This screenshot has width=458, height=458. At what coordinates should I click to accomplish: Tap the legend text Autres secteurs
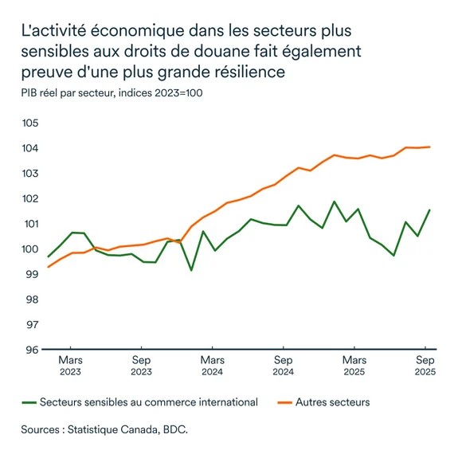coord(332,402)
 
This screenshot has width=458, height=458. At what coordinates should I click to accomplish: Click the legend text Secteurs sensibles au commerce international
coord(148,402)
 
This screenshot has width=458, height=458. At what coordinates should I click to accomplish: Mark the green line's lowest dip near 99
coord(191,270)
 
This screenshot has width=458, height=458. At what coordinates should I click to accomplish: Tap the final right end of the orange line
coord(430,147)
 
